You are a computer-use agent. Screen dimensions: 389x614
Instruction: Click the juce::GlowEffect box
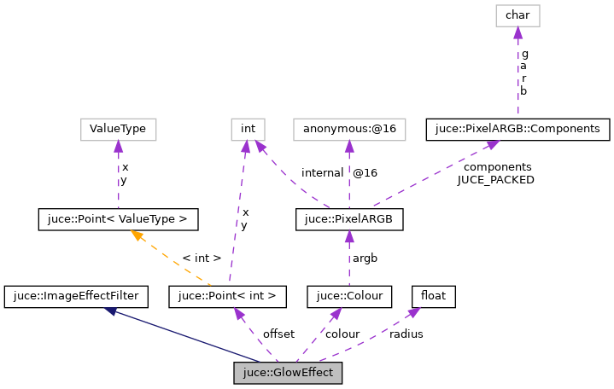(288, 373)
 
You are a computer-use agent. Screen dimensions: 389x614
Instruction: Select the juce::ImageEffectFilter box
(76, 296)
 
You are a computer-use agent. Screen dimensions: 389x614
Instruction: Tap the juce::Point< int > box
(227, 296)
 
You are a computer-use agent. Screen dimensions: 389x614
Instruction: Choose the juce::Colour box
(348, 296)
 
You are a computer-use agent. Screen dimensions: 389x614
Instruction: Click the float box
(433, 296)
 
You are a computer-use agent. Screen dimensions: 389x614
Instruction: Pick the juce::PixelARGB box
(348, 219)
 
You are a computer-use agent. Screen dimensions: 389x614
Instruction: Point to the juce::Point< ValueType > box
(118, 219)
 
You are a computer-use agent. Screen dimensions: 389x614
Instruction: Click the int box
(248, 130)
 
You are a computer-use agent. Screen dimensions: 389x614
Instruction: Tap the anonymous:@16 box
(348, 130)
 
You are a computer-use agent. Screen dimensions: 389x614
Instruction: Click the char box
(517, 15)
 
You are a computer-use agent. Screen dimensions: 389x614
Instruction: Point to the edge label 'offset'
(278, 334)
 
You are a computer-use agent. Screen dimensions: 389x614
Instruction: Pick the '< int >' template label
(202, 258)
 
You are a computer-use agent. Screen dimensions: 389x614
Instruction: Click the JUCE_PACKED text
(495, 180)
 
